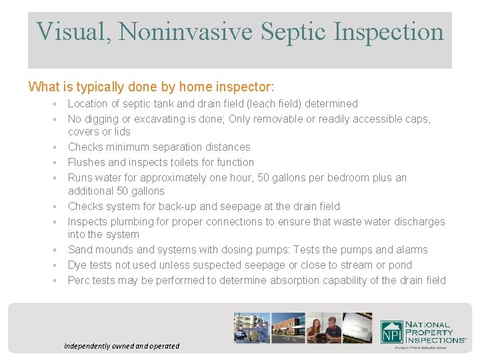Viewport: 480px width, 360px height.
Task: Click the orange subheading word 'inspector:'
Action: pyautogui.click(x=247, y=87)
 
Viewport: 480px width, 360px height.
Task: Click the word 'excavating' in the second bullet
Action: pyautogui.click(x=152, y=119)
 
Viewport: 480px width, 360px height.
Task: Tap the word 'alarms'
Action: pyautogui.click(x=411, y=249)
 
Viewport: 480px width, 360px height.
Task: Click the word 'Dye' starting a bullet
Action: pyautogui.click(x=77, y=265)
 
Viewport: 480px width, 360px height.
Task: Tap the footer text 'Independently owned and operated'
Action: pyautogui.click(x=122, y=346)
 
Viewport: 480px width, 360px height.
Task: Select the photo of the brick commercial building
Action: pyautogui.click(x=288, y=327)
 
